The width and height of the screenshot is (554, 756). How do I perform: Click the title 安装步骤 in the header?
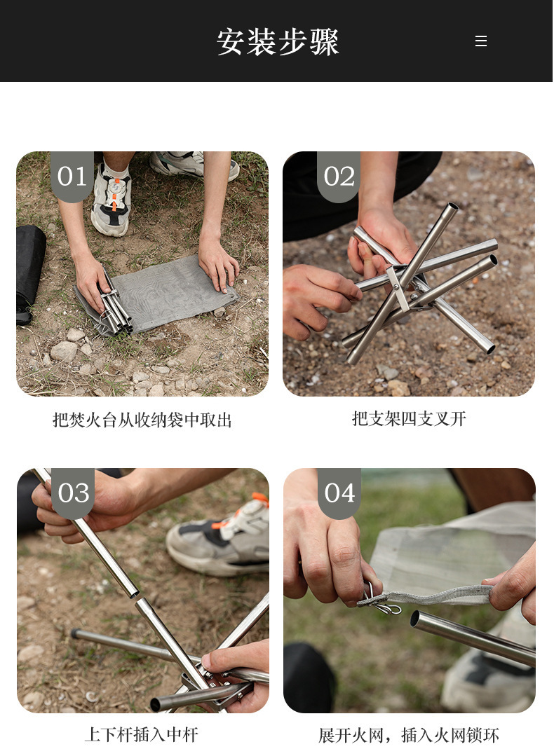pyautogui.click(x=278, y=42)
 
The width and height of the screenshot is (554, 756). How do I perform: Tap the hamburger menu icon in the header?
pyautogui.click(x=480, y=41)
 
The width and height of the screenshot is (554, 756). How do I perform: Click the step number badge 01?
pyautogui.click(x=72, y=177)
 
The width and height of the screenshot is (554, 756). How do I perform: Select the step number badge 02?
pyautogui.click(x=339, y=177)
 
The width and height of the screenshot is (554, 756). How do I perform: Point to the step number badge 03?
pyautogui.click(x=73, y=493)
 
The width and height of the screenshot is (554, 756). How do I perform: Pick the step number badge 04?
pyautogui.click(x=339, y=493)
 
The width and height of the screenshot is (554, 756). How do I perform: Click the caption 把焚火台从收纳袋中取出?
pyautogui.click(x=142, y=420)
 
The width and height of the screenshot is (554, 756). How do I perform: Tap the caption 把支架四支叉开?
pyautogui.click(x=409, y=419)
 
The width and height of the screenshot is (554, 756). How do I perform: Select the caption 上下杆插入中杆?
pyautogui.click(x=142, y=734)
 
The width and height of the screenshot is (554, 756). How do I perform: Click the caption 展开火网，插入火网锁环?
pyautogui.click(x=409, y=735)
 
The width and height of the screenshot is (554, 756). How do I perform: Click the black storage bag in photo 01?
pyautogui.click(x=29, y=266)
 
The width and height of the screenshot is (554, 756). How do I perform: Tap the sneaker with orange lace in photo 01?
pyautogui.click(x=112, y=200)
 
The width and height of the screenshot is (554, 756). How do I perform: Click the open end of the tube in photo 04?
pyautogui.click(x=416, y=619)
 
